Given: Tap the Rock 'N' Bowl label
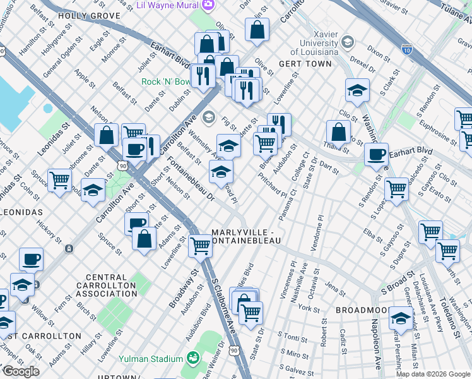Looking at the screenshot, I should tap(166, 81).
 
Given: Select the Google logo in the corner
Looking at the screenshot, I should tap(20, 371).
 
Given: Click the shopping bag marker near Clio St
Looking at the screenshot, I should tap(339, 132).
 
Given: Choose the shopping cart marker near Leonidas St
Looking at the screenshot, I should tap(59, 180).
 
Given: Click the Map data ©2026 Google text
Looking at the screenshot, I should tap(432, 374).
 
